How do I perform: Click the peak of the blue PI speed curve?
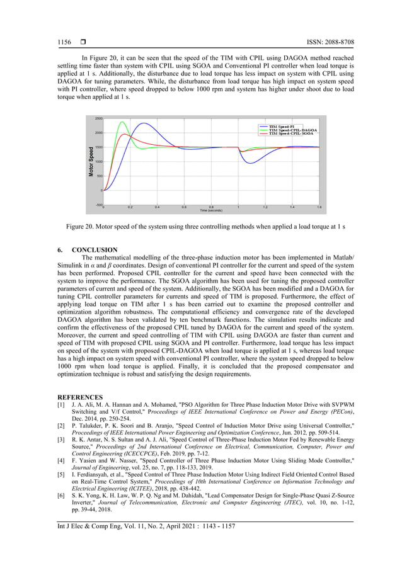click(x=144, y=123)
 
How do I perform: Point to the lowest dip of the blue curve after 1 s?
click(x=251, y=164)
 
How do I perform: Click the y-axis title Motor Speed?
click(x=91, y=162)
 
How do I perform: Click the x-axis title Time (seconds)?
click(x=212, y=210)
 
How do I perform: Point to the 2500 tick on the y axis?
click(x=99, y=118)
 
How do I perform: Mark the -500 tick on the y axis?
click(x=99, y=204)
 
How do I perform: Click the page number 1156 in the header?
click(x=64, y=42)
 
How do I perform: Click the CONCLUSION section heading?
click(x=95, y=250)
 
